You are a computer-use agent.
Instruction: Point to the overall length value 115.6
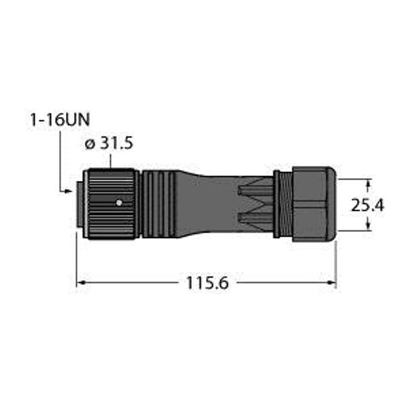pos(205,282)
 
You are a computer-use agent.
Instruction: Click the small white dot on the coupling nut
pos(118,202)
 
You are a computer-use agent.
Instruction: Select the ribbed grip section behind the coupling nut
pos(157,204)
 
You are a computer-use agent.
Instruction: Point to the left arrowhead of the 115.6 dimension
pos(80,282)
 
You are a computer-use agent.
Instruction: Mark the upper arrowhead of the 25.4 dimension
pos(369,183)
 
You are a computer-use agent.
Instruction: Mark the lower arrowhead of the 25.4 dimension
pos(369,226)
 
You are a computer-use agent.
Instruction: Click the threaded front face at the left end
pos(80,203)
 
